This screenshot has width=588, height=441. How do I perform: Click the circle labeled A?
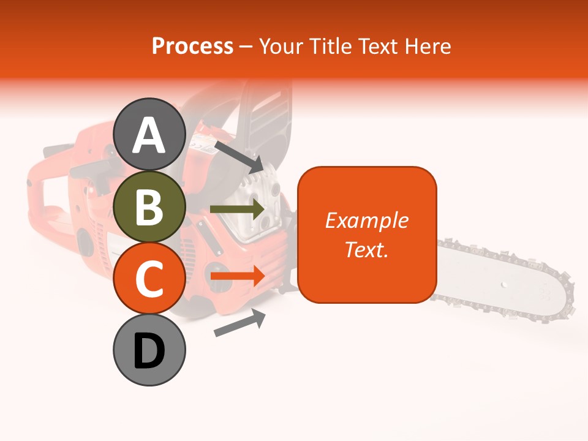149,134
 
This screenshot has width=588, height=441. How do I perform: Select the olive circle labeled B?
149,206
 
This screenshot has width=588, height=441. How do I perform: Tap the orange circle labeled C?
149,278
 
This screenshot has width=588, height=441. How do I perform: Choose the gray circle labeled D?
149,350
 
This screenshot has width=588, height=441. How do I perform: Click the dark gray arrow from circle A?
238,157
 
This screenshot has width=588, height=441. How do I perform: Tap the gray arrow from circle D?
239,323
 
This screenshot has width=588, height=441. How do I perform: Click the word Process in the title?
192,46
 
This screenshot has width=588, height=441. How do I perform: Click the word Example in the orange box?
367,221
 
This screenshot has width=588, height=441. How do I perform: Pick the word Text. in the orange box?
367,249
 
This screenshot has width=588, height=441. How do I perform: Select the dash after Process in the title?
246,47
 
